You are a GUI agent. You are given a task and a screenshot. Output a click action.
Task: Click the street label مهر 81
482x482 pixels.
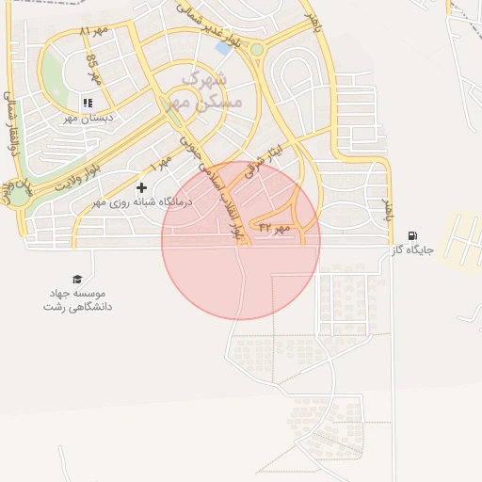tap(94, 31)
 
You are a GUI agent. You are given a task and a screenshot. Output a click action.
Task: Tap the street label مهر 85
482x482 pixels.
tap(92, 69)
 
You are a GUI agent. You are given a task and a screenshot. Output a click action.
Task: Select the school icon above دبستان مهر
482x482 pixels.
tap(88, 103)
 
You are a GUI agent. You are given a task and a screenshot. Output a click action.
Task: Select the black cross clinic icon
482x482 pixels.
tap(142, 187)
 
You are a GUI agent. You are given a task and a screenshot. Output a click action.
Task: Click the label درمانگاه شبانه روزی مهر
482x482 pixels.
tap(141, 202)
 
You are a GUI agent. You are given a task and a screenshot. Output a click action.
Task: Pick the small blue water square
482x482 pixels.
tap(223, 46)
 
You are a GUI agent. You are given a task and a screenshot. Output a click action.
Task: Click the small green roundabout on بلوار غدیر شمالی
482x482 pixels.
tap(257, 49)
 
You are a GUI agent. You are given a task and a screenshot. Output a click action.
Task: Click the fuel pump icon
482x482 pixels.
tap(412, 235)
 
